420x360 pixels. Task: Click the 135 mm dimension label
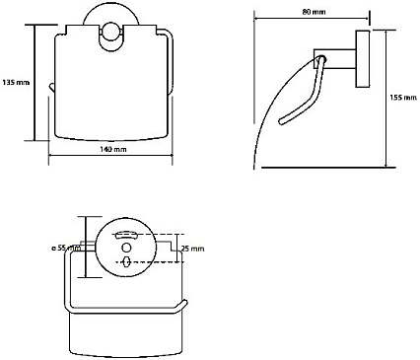16,82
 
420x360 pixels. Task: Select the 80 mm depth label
314,12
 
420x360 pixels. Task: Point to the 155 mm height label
403,98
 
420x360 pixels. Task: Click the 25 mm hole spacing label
193,249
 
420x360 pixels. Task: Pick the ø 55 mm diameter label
66,249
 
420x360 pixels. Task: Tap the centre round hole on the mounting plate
126,248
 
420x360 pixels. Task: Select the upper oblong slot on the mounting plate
126,235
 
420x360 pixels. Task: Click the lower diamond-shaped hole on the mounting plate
126,262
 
